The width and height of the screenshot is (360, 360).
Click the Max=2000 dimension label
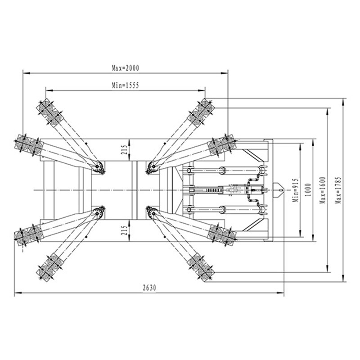126,68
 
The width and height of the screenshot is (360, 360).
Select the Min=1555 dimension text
126,85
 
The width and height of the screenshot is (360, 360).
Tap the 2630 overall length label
149,288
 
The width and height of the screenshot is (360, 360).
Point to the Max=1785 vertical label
338,190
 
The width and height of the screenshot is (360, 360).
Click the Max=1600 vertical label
322,190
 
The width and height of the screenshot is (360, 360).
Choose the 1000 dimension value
308,189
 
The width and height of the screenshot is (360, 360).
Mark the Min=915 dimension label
296,190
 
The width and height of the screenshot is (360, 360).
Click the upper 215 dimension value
124,150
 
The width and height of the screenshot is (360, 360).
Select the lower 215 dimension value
124,230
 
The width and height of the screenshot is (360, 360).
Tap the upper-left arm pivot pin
97,166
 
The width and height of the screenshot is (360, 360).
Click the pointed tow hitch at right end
279,190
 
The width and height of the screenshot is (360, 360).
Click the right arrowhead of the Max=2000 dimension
224,73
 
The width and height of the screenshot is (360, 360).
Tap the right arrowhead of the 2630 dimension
280,293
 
